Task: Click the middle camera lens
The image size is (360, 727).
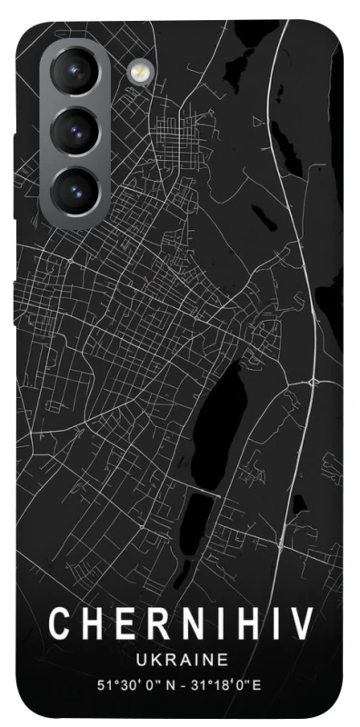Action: click(x=75, y=131)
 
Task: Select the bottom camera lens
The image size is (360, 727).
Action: click(x=75, y=188)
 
